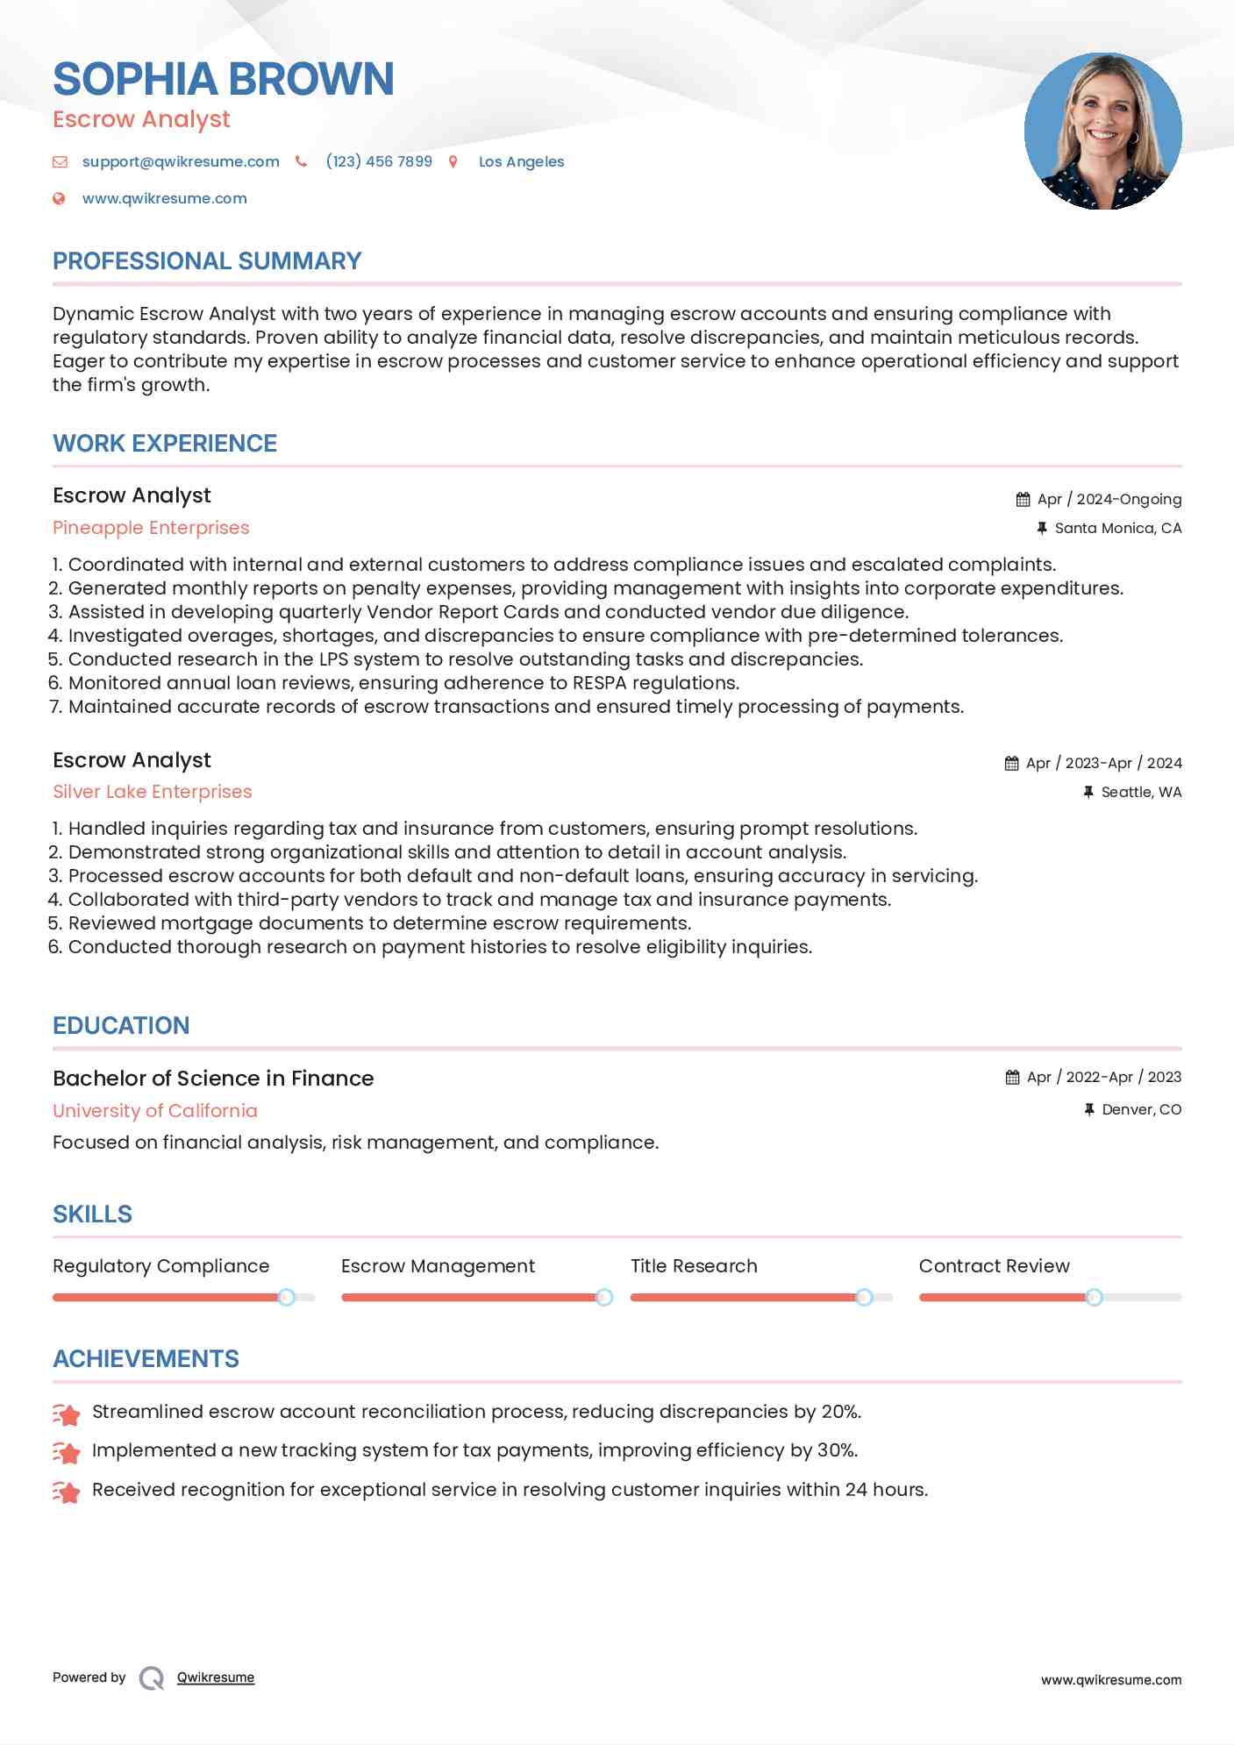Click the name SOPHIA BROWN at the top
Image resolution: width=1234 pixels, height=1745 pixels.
point(224,79)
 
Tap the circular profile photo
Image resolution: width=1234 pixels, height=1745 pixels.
point(1102,132)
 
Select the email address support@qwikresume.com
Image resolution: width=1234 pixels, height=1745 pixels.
point(181,161)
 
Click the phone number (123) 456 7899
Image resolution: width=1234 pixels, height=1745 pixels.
point(379,161)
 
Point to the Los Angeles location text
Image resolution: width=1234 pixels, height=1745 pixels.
point(521,161)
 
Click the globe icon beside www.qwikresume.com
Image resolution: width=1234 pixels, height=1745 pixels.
point(59,199)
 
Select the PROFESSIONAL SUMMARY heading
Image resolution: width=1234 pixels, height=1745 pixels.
point(207,261)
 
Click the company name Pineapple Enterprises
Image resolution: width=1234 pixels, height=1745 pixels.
point(151,528)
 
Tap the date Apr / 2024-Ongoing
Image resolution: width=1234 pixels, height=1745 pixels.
point(1109,499)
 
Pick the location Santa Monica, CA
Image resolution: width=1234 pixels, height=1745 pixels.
point(1117,528)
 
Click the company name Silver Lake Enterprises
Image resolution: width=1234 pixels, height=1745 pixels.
point(152,792)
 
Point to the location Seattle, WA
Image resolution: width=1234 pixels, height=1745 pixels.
point(1141,792)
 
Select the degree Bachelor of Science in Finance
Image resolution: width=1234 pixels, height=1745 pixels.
point(213,1079)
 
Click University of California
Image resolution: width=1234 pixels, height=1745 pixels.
point(155,1111)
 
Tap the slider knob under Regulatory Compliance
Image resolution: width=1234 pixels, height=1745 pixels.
point(287,1297)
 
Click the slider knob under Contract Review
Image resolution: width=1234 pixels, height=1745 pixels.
point(1094,1297)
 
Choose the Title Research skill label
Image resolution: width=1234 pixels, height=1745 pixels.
point(694,1266)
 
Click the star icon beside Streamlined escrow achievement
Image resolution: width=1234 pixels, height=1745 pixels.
point(67,1414)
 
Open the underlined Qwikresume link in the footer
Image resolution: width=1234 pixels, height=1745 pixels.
point(216,1677)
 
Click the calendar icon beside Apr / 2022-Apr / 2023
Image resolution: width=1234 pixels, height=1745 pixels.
point(1012,1078)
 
